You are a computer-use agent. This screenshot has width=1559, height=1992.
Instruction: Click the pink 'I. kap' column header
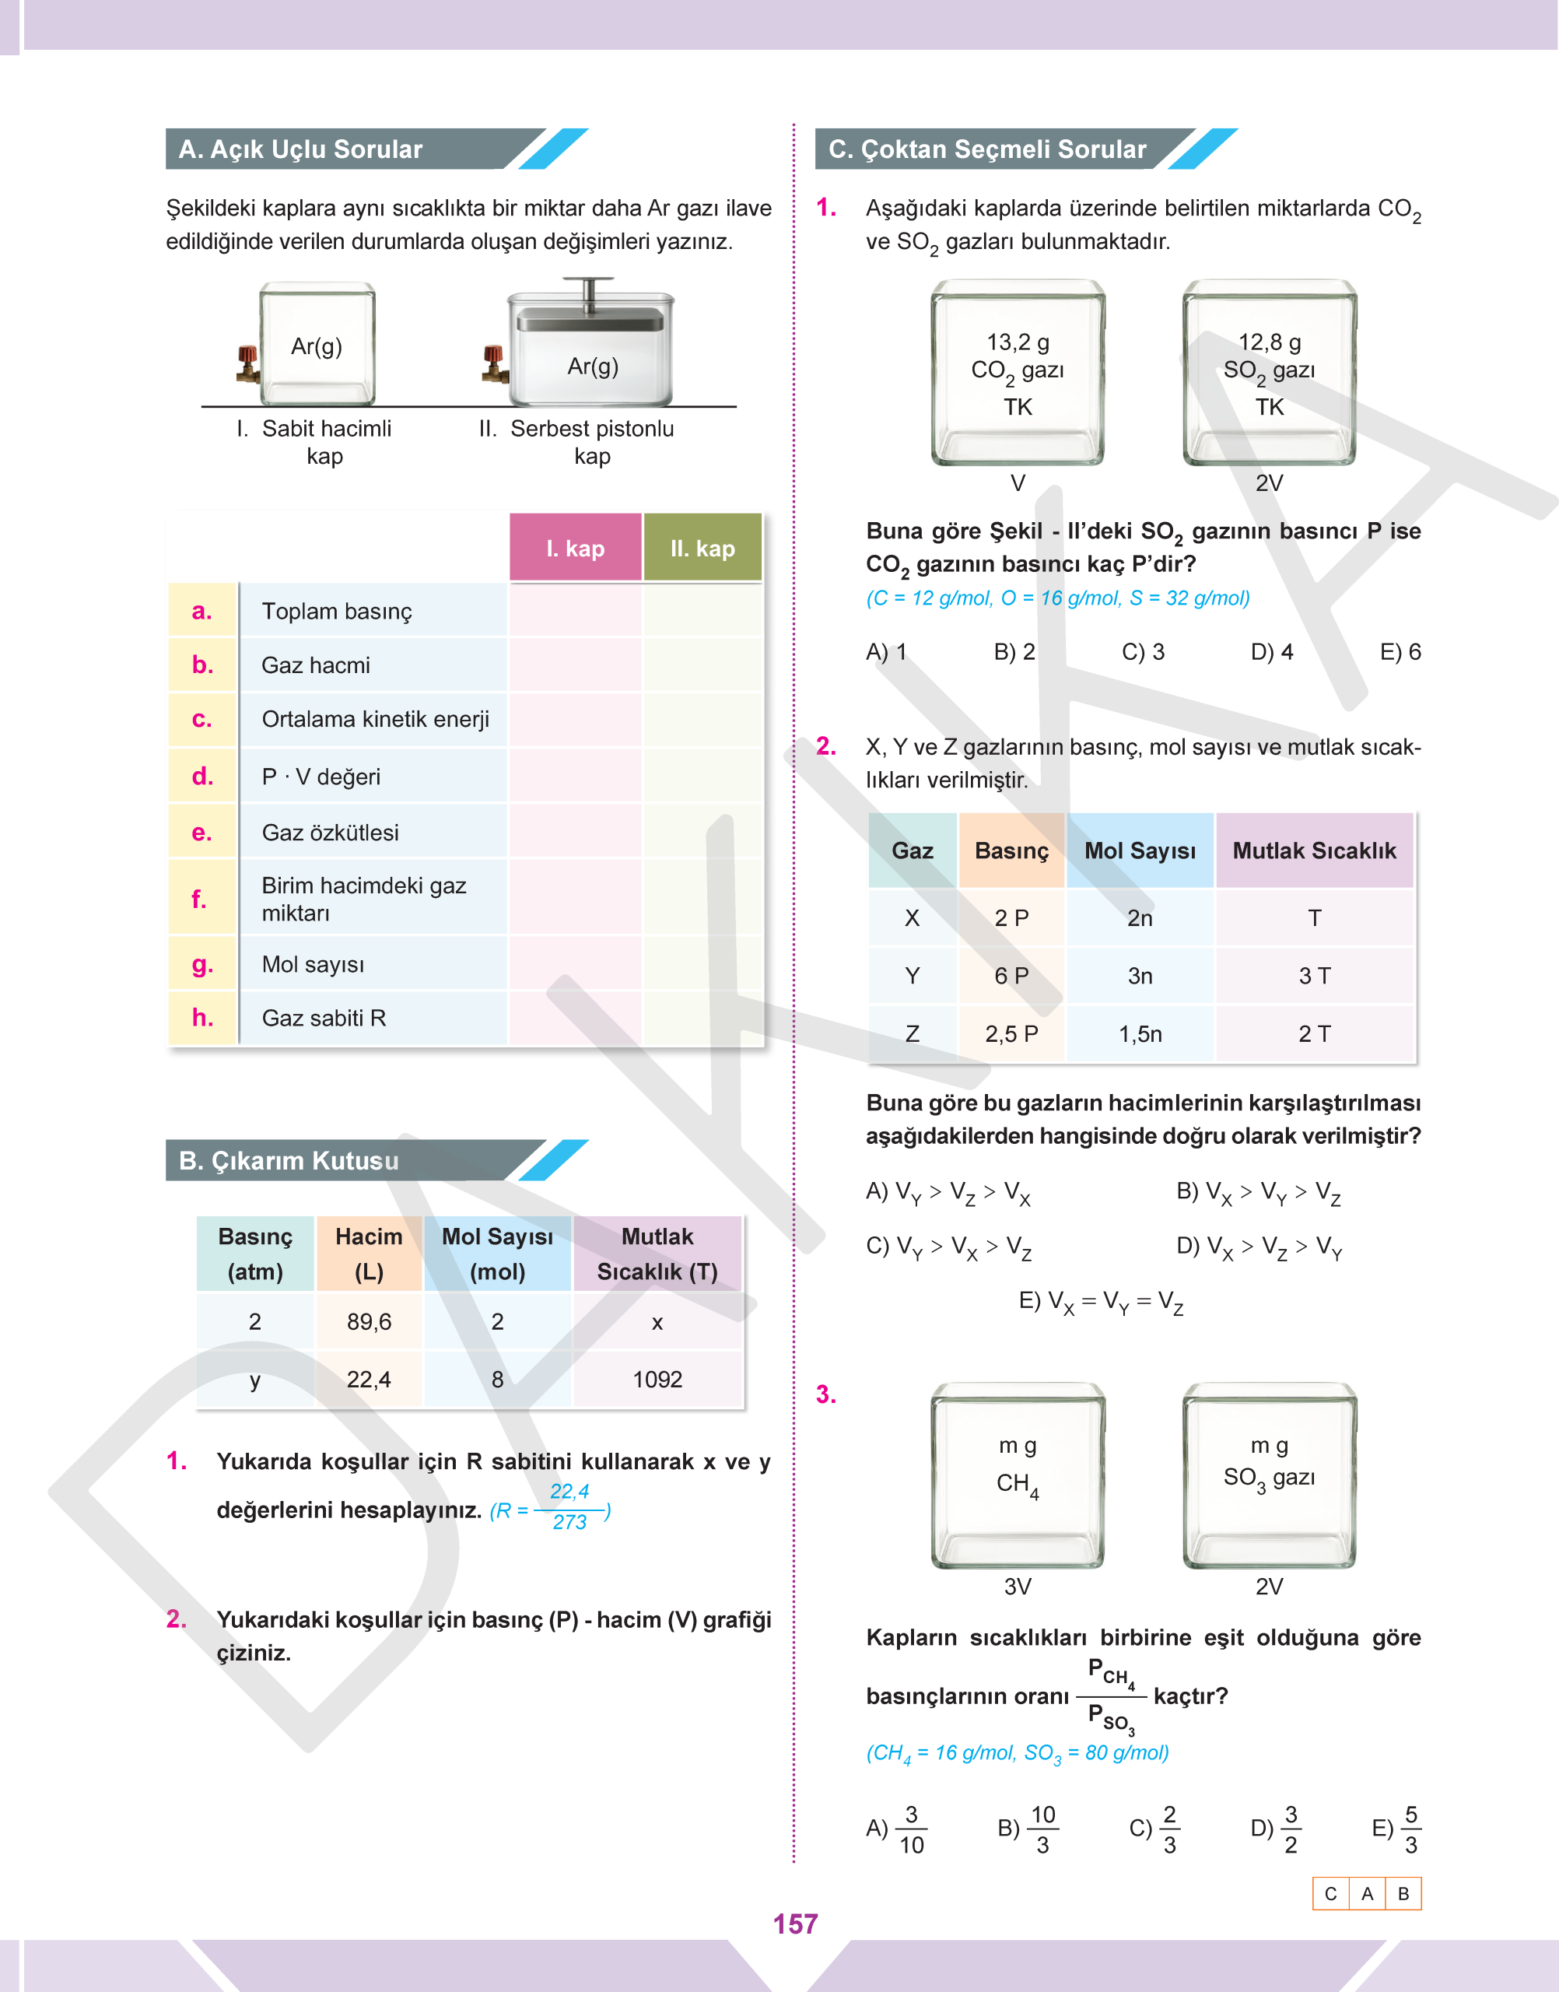(x=575, y=548)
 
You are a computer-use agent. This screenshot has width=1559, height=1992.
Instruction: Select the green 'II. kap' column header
(x=702, y=548)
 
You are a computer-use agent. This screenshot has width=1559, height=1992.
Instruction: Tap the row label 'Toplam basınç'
(x=336, y=611)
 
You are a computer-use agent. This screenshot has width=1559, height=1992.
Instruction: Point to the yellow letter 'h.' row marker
(x=201, y=1017)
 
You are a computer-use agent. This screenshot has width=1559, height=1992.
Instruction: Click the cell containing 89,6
(x=369, y=1321)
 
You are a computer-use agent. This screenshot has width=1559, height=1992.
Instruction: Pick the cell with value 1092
(x=657, y=1379)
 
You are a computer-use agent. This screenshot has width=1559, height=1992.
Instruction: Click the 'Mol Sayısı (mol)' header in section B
(x=496, y=1254)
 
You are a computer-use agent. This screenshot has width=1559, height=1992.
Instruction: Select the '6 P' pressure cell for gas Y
(x=1011, y=975)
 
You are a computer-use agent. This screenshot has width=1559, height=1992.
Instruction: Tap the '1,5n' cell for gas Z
(x=1140, y=1033)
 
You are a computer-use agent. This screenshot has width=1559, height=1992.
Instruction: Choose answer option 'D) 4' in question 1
(x=1271, y=652)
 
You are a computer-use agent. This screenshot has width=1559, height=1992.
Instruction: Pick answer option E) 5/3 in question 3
(x=1397, y=1829)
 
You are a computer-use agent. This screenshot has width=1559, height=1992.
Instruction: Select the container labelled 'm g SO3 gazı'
(x=1269, y=1475)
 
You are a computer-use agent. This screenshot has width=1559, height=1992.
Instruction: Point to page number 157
(x=795, y=1924)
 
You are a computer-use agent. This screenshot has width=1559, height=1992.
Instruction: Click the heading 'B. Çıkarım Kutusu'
(x=289, y=1160)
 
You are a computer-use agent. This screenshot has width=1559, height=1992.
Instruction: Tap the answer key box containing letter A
(x=1366, y=1893)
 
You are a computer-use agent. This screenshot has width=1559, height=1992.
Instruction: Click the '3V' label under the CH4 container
(x=1018, y=1586)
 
